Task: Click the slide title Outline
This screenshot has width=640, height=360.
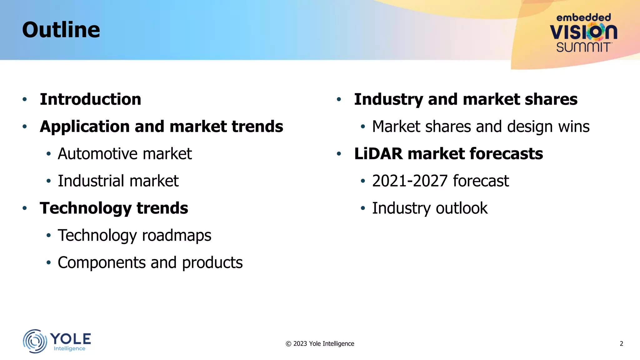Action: (61, 30)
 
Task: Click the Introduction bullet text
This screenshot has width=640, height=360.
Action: (90, 99)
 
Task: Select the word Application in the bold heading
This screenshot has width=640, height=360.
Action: (84, 127)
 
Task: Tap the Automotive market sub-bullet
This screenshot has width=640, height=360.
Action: (125, 154)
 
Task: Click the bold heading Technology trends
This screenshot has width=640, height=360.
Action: (114, 208)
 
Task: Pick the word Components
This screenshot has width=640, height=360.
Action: (102, 263)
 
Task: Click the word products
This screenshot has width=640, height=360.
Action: (212, 263)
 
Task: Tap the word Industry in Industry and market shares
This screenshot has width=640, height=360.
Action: (388, 100)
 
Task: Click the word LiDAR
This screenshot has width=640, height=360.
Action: (378, 154)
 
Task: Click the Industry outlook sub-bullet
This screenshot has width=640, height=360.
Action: (429, 208)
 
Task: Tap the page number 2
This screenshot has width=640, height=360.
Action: (621, 344)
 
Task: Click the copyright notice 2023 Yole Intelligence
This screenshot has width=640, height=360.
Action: (320, 344)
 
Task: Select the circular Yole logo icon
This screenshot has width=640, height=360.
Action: (35, 341)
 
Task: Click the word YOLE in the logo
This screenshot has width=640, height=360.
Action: (71, 339)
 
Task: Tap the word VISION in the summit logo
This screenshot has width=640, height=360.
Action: (583, 32)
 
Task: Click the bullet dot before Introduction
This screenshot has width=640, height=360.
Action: (25, 100)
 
